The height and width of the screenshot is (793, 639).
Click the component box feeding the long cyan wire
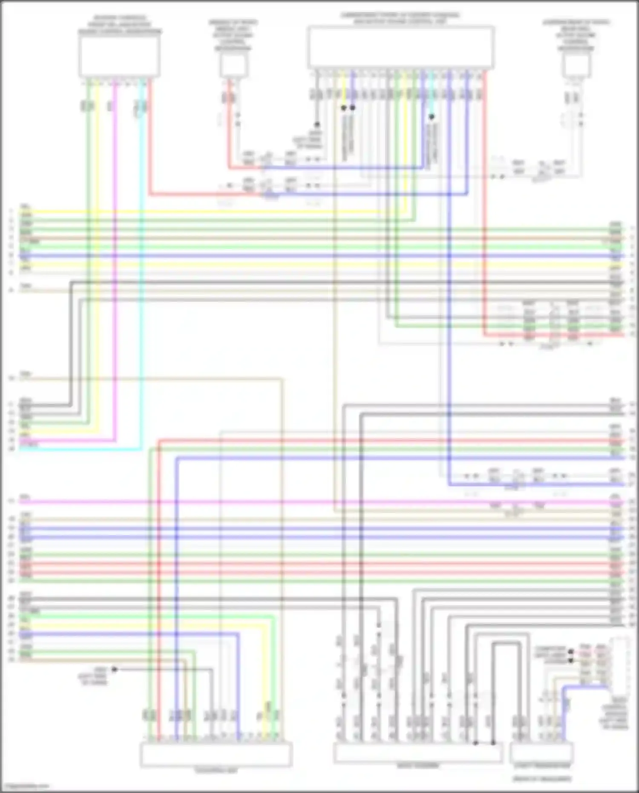point(119,55)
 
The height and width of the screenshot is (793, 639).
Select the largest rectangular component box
point(401,47)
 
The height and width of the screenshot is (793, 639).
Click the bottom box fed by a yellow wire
point(216,754)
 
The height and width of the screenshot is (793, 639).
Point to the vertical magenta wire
point(115,277)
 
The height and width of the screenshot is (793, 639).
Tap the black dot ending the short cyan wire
point(432,116)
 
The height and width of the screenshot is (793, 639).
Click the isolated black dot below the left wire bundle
point(114,669)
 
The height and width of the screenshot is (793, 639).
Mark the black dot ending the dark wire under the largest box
point(317,124)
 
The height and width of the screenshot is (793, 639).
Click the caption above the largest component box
point(400,18)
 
